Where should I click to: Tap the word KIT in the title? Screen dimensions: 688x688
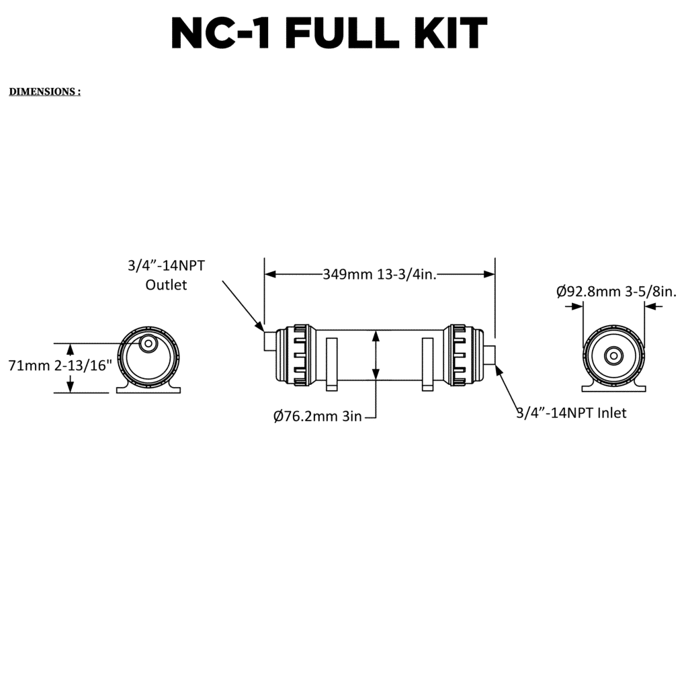pyautogui.click(x=449, y=34)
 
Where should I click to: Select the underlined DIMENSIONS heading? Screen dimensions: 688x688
pyautogui.click(x=44, y=91)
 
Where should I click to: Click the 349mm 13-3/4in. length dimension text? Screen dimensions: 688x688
pyautogui.click(x=380, y=274)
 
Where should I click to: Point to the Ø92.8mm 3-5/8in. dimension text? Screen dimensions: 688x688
pyautogui.click(x=616, y=292)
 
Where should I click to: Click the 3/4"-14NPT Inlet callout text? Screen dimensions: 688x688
pyautogui.click(x=571, y=413)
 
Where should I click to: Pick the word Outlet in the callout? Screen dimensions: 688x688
pyautogui.click(x=167, y=285)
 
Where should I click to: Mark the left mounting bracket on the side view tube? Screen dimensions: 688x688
pyautogui.click(x=331, y=363)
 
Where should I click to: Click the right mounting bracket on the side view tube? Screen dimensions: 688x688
pyautogui.click(x=428, y=363)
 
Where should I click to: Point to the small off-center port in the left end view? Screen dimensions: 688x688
pyautogui.click(x=147, y=343)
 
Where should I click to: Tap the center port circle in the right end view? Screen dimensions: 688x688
pyautogui.click(x=613, y=355)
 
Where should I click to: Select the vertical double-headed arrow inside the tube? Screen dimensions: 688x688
pyautogui.click(x=376, y=361)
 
